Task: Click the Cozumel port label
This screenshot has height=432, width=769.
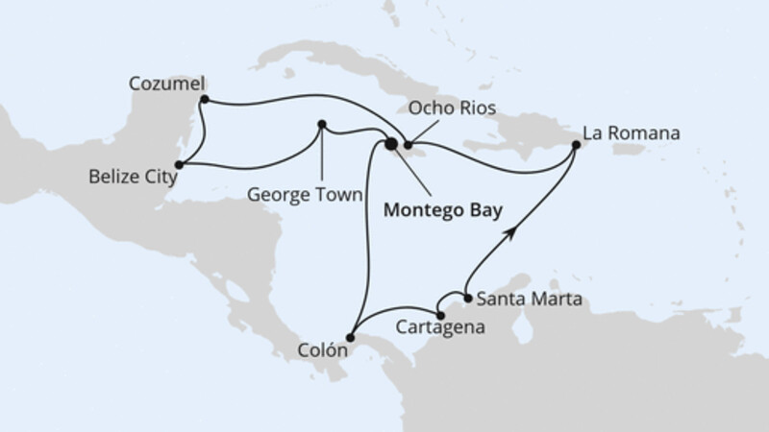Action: tap(164, 84)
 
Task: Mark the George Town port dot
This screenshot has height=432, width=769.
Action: tap(322, 123)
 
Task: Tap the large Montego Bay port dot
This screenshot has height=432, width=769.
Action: tap(391, 145)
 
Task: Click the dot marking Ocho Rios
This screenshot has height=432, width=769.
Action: tap(408, 145)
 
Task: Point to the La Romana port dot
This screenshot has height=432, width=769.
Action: tap(576, 145)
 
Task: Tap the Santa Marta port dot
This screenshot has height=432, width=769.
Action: tap(468, 299)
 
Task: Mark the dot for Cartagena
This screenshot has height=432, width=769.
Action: tap(439, 315)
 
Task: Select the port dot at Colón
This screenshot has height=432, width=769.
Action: tap(353, 335)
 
